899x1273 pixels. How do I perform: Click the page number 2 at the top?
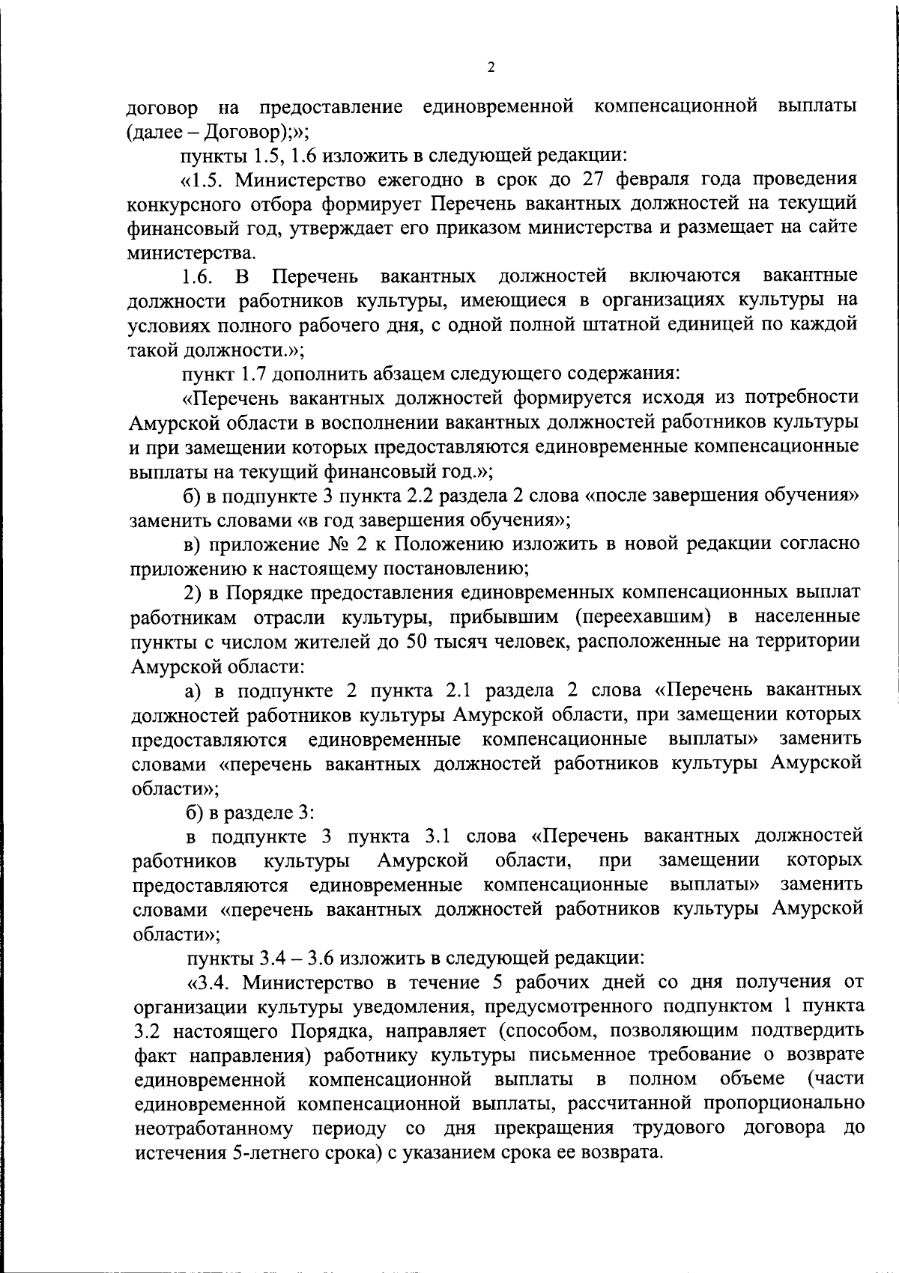click(x=491, y=67)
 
